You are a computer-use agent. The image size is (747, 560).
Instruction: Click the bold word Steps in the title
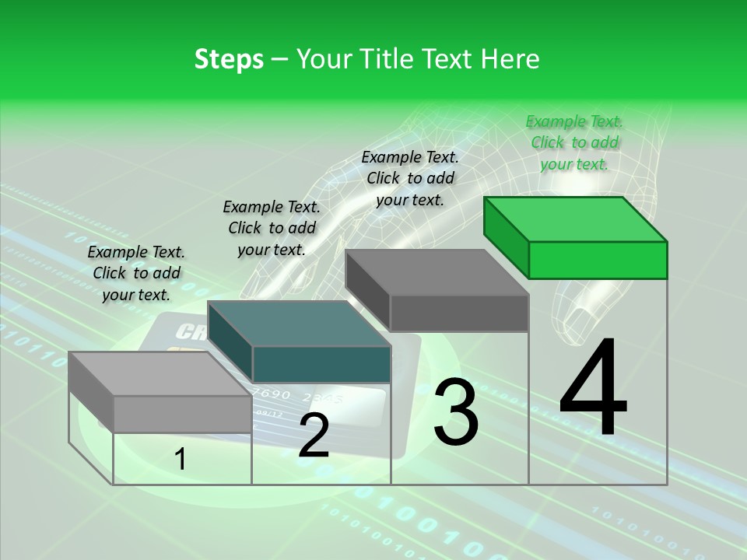pos(229,59)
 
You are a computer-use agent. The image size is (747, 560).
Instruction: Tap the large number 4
pos(593,389)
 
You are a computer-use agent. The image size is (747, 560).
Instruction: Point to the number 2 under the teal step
pos(314,436)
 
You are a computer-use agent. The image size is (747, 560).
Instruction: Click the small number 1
pos(180,460)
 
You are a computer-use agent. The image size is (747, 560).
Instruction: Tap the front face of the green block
pos(598,260)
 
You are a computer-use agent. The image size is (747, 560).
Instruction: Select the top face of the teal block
pos(300,324)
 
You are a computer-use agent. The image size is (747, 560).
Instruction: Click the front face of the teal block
pos(321,365)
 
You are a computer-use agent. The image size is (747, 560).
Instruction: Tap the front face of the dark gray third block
pos(459,313)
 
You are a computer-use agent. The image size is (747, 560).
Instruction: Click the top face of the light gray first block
pos(160,374)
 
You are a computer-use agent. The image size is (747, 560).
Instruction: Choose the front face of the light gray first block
pos(182,414)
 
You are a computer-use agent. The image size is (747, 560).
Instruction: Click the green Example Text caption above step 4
pos(574,142)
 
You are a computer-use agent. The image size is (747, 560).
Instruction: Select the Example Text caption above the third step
pos(410,178)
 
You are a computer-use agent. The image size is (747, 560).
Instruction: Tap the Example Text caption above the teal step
pos(272,228)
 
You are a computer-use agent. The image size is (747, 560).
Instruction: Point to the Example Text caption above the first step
pos(136,273)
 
